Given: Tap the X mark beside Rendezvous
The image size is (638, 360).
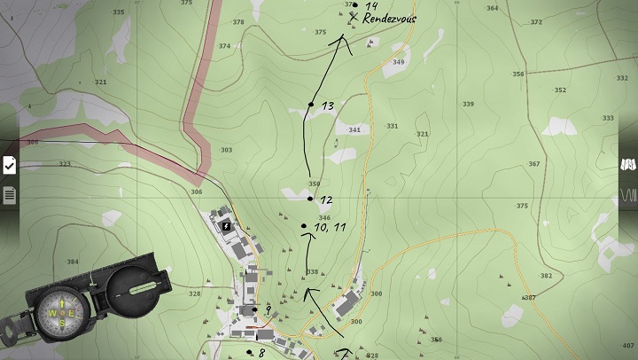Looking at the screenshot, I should (x=354, y=17).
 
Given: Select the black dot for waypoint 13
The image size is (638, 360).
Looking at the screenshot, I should (x=311, y=105).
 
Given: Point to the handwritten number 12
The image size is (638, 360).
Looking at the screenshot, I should (x=326, y=200).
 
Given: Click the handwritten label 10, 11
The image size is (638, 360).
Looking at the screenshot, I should (x=329, y=228).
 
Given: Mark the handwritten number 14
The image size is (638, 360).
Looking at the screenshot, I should (x=371, y=5).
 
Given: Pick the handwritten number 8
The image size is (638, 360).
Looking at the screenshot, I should (x=261, y=353).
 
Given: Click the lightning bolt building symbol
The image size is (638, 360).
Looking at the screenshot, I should (x=226, y=226).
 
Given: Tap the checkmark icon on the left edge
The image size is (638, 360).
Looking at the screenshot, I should (x=9, y=165).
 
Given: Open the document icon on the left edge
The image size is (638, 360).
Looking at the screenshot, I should (x=9, y=194).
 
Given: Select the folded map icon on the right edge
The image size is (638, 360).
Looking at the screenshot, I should (x=628, y=165).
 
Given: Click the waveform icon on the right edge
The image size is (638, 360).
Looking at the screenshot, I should (x=628, y=194).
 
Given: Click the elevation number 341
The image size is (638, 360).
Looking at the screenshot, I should (x=355, y=130).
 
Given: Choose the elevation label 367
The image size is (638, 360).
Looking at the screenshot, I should (x=533, y=164).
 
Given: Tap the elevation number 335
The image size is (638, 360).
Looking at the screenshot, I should (x=119, y=12).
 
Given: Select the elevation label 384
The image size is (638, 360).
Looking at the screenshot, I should (x=73, y=262).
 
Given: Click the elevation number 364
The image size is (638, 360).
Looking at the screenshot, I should (x=492, y=9).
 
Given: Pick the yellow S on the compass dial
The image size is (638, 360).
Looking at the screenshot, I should (x=62, y=323).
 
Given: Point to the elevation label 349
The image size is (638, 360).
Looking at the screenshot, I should (x=399, y=62).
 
